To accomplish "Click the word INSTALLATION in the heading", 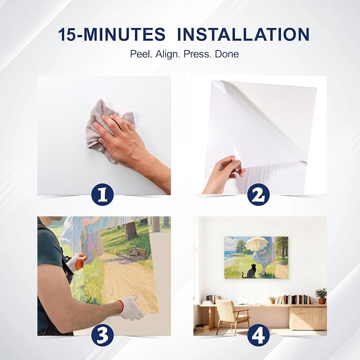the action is coord(243,34).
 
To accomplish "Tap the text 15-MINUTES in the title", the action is coord(111,34).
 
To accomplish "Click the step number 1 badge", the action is coord(102,195).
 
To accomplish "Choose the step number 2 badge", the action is coord(259,195).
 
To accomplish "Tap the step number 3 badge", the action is coord(102,335).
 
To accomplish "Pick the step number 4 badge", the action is coord(259,335).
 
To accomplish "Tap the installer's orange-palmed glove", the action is coord(77,262).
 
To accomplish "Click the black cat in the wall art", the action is coord(249,271).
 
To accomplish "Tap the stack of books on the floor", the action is coord(202,328).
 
